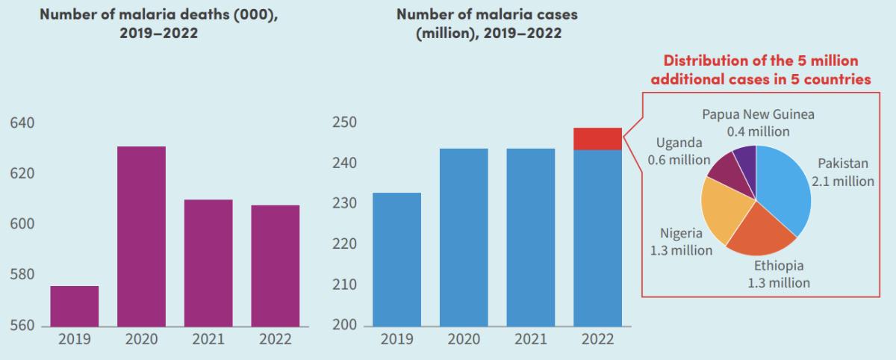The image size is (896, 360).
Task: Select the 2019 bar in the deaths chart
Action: [74, 306]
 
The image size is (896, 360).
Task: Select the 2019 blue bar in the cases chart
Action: [399, 259]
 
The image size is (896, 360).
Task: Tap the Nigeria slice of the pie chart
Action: [724, 213]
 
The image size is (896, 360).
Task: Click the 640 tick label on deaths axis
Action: [22, 122]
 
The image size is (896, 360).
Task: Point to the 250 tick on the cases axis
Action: [346, 122]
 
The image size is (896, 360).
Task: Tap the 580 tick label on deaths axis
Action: [22, 275]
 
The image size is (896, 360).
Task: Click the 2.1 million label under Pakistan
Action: [842, 181]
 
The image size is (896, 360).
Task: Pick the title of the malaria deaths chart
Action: [158, 24]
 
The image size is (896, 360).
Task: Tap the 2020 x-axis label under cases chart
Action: [464, 340]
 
